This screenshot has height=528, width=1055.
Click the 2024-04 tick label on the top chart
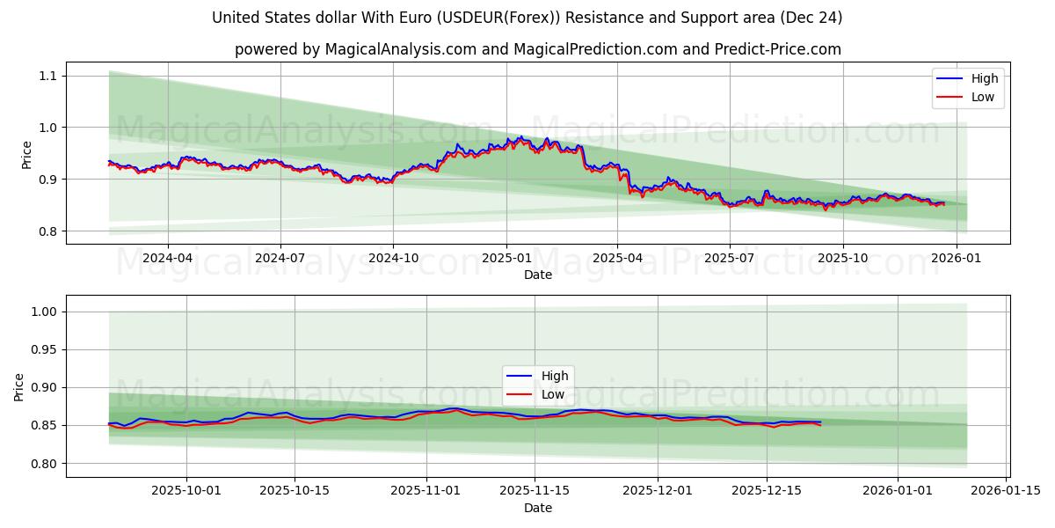[x=167, y=258]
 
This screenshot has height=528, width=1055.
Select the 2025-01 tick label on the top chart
[x=506, y=258]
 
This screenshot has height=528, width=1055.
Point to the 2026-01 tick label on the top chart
[x=956, y=258]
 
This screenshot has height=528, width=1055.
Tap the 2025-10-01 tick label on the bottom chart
[x=186, y=491]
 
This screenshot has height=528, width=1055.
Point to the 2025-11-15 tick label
[x=535, y=491]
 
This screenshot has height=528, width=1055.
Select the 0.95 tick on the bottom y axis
[x=42, y=349]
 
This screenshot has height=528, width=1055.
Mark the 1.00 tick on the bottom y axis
[x=42, y=312]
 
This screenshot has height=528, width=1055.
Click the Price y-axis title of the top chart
[x=26, y=155]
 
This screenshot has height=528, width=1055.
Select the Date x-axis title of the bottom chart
[x=538, y=508]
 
